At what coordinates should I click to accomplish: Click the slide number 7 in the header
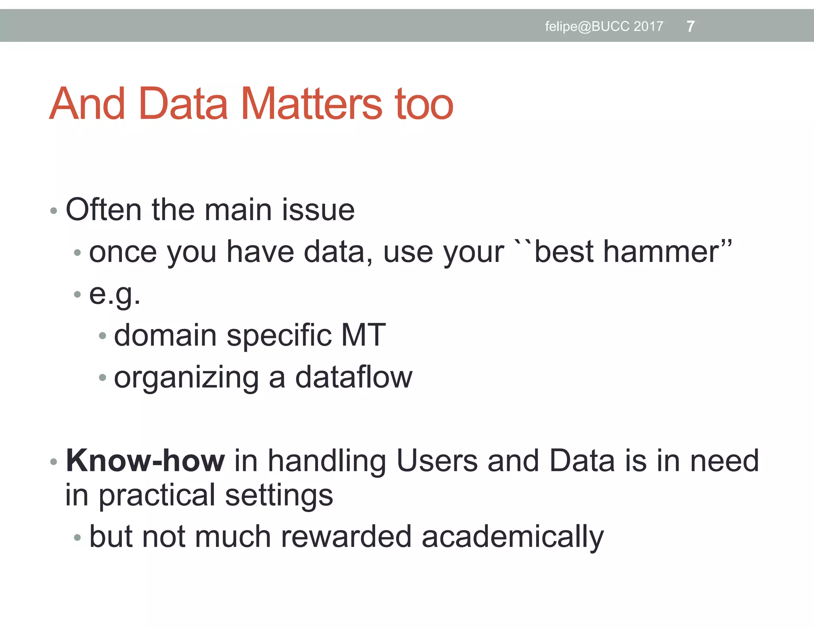[x=690, y=27]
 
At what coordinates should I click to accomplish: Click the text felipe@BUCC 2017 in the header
[x=604, y=27]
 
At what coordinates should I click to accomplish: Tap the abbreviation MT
[x=363, y=335]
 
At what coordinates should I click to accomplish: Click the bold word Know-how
[x=145, y=461]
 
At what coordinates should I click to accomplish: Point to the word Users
[x=437, y=461]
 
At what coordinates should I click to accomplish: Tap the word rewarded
[x=346, y=537]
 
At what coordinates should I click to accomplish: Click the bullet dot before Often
[x=54, y=211]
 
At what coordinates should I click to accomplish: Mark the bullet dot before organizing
[x=103, y=377]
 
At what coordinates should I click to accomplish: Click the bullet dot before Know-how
[x=54, y=462]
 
